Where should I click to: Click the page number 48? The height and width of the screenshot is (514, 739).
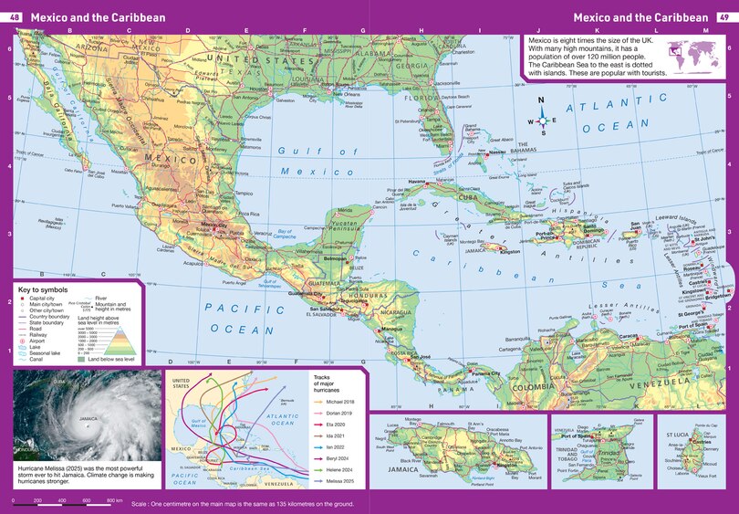15,17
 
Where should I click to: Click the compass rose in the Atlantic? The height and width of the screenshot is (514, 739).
541,117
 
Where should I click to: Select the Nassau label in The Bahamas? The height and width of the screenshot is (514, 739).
496,152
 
